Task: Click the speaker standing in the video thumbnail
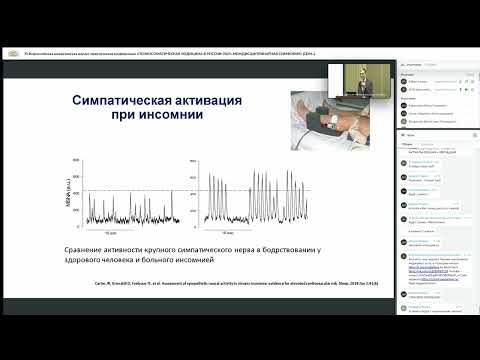(x=364, y=78)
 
